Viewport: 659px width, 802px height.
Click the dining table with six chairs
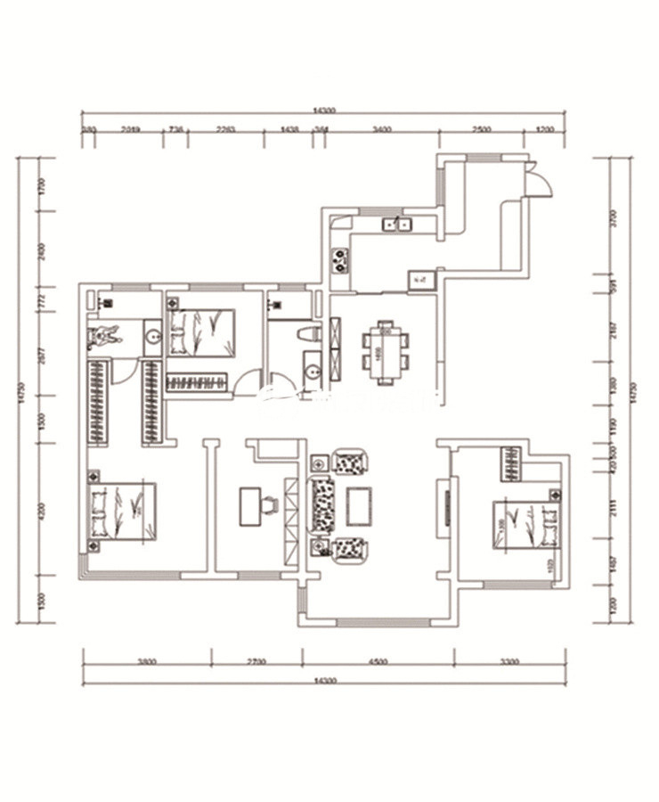pos(386,352)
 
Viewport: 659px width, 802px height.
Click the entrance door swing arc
pos(541,182)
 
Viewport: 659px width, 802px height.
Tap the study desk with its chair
pos(257,506)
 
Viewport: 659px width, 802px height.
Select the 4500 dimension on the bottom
pos(378,661)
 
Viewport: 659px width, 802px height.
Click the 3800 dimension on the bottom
pos(147,661)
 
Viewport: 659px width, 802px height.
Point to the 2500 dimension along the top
pos(482,129)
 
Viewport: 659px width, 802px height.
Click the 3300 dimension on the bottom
pos(509,661)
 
